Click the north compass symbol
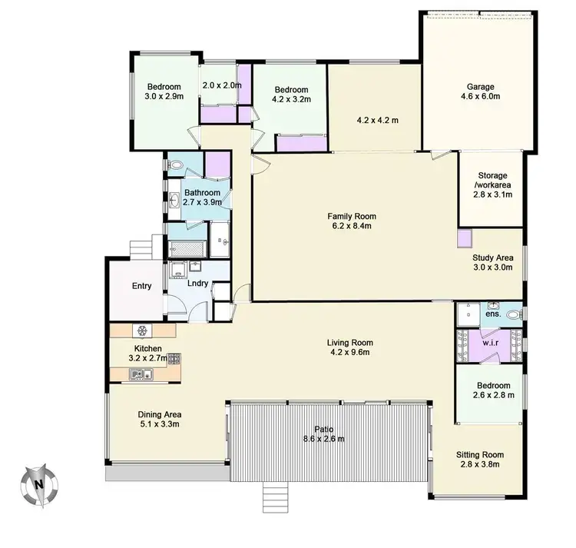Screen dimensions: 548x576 coord(38,484)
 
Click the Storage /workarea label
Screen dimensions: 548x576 coord(493,185)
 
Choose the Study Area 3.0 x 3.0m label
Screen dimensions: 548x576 coord(493,263)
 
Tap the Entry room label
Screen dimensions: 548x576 coord(141,287)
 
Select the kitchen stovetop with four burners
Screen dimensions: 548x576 coord(174,357)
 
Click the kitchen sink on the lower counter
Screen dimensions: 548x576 coord(141,374)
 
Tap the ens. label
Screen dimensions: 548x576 coord(494,314)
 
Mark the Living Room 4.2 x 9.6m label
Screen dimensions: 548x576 coord(350,347)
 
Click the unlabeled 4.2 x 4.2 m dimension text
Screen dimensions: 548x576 coord(376,120)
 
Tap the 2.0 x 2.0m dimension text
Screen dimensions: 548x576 coord(221,86)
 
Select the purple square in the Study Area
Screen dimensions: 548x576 coord(464,238)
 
